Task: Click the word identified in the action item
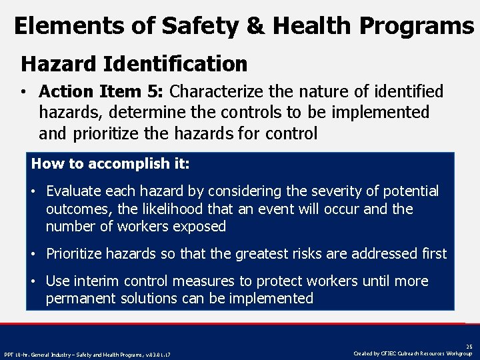pos(405,91)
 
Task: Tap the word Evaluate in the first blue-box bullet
pos(73,191)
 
